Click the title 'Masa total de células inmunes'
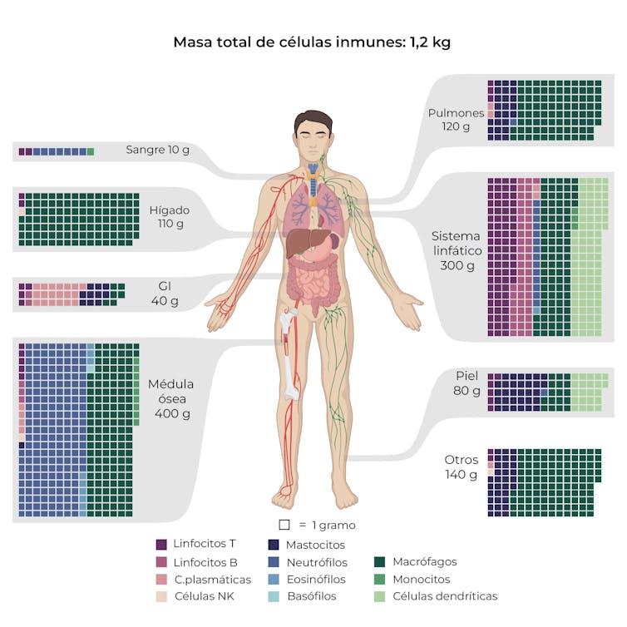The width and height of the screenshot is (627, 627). (x=312, y=42)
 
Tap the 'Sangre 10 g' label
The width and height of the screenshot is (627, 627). (x=157, y=151)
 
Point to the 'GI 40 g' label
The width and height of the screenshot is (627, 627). (x=164, y=294)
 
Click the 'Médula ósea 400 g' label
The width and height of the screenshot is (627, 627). (x=171, y=398)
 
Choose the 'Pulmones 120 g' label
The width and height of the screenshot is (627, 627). (x=455, y=120)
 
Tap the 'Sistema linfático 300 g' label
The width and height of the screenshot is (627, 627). (x=457, y=250)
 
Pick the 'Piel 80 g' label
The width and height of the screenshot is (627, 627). (x=467, y=383)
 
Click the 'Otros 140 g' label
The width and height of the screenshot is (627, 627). (x=461, y=467)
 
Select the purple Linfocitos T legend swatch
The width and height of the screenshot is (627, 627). (x=161, y=545)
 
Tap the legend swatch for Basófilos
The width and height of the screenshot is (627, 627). (x=274, y=596)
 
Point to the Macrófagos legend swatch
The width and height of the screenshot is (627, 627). (x=380, y=562)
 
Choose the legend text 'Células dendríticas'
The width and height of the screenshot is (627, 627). (x=445, y=596)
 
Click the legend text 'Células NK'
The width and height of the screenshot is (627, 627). (x=203, y=596)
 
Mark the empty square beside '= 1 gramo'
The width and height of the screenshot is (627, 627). (x=284, y=525)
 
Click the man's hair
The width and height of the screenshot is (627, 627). (x=313, y=119)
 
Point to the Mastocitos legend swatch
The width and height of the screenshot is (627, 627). (x=274, y=545)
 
